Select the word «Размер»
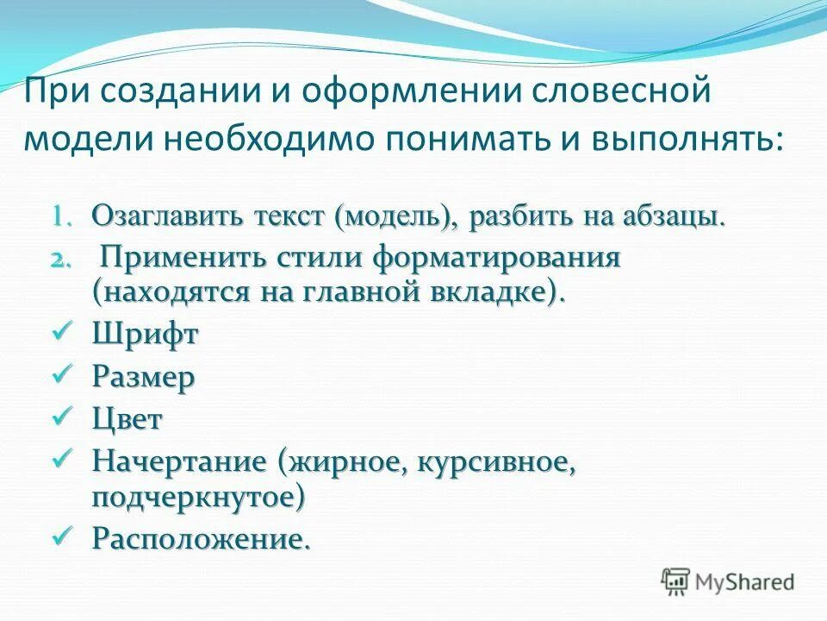[x=144, y=378]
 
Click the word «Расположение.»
[x=200, y=540]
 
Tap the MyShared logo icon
[x=677, y=582]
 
